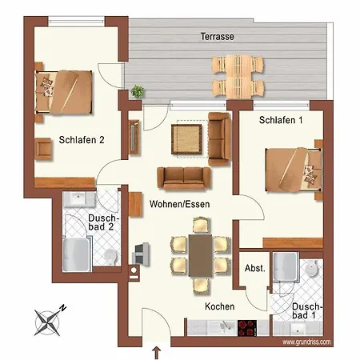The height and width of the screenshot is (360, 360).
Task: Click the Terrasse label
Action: pos(218,36)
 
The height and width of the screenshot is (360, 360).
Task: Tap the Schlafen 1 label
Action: pos(281,120)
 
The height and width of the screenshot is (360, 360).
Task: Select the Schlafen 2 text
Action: pos(82,140)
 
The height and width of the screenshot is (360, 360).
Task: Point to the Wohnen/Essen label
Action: pos(179,204)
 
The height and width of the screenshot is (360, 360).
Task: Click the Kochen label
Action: pos(220,306)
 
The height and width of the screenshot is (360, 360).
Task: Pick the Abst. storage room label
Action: pos(255,268)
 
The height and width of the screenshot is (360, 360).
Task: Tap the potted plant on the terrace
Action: pos(138,91)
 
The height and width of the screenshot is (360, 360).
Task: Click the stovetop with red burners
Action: pos(247,328)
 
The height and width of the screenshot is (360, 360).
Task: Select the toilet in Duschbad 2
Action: pos(110,257)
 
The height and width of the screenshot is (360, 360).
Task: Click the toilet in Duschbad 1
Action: pos(311,268)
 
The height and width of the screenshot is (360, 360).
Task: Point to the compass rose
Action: pos(48,322)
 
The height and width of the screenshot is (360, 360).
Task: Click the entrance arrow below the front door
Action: pos(157,352)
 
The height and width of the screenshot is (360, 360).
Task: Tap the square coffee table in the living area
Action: pos(186,139)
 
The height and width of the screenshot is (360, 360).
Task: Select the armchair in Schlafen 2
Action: pos(43,149)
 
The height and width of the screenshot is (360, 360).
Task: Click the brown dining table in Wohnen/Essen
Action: pos(200,255)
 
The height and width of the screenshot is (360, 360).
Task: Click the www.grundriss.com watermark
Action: pos(306,342)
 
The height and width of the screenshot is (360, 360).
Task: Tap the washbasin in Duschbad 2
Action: pos(78,198)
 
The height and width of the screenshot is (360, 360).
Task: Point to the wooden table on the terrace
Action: pos(238,77)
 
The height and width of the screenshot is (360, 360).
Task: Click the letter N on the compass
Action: pos(63,308)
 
